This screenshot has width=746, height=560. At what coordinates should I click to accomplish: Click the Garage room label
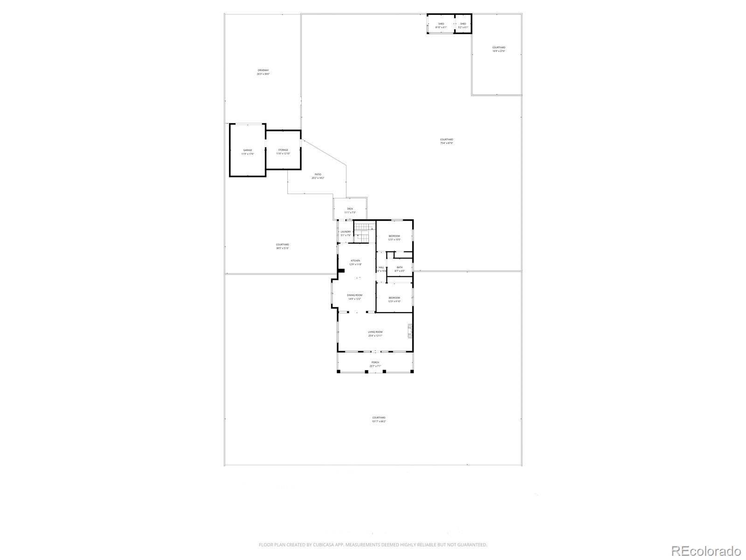click(247, 152)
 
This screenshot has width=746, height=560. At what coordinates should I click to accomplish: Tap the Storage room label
click(283, 152)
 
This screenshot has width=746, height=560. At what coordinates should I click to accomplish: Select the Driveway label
click(263, 72)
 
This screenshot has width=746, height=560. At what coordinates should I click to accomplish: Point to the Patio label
click(318, 176)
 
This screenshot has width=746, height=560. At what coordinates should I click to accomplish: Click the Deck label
click(350, 210)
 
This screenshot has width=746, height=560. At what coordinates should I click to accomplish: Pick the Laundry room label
click(345, 233)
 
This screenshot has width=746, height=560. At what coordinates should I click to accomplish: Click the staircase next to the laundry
click(364, 233)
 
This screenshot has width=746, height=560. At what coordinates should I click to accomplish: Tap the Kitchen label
click(355, 262)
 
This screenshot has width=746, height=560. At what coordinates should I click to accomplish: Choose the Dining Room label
click(354, 297)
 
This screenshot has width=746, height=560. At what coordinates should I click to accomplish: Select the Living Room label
click(375, 334)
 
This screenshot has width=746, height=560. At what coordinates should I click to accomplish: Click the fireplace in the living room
click(410, 331)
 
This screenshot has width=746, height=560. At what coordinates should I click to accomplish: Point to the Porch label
click(375, 364)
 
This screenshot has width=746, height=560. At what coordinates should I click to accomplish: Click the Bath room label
click(400, 269)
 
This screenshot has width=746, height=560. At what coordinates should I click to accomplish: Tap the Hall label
click(381, 269)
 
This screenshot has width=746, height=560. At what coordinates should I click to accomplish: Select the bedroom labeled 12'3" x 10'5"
click(394, 238)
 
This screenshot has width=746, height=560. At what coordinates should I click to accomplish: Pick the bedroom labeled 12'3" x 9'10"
click(394, 299)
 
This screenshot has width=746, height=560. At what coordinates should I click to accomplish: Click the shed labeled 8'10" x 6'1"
click(441, 25)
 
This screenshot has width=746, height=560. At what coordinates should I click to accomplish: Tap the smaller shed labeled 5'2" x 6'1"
click(463, 25)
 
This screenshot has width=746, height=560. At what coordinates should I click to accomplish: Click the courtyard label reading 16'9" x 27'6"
click(498, 49)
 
